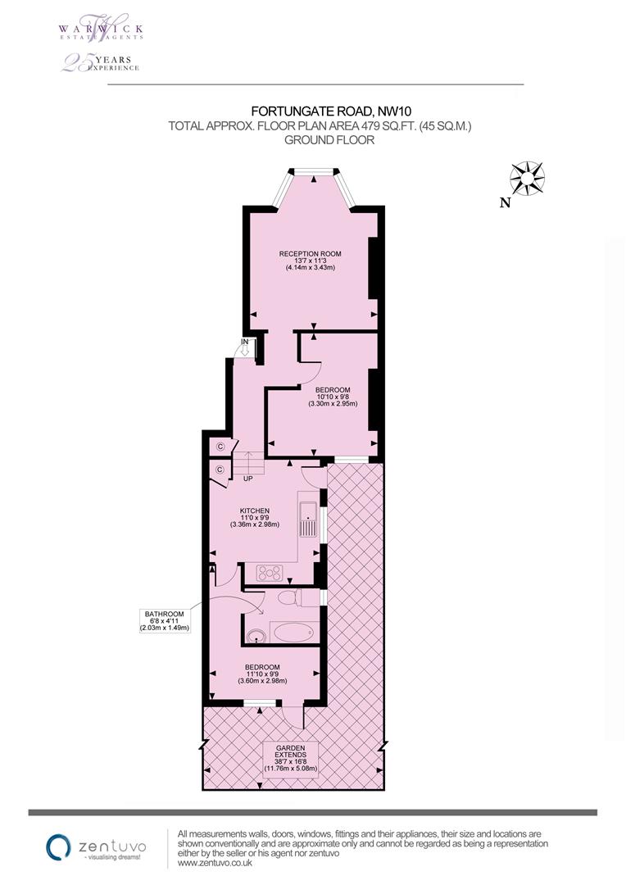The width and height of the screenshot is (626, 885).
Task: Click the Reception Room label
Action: click(310, 261)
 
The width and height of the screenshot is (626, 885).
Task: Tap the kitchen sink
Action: click(307, 518)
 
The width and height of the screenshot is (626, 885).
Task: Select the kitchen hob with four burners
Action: click(270, 573)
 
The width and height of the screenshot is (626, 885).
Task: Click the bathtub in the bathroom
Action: click(292, 632)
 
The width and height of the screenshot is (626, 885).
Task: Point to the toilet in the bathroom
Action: click(290, 597)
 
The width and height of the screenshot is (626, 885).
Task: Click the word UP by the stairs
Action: click(247, 479)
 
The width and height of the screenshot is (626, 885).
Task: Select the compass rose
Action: click(527, 179)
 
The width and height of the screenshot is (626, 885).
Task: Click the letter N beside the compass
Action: click(506, 202)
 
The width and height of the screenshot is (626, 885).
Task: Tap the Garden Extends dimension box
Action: click(291, 759)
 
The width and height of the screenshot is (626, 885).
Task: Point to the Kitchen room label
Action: click(254, 518)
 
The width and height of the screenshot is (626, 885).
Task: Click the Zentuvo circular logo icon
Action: click(58, 847)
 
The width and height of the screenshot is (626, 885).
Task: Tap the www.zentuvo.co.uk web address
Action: click(215, 864)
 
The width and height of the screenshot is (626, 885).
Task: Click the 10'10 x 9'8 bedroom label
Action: click(333, 397)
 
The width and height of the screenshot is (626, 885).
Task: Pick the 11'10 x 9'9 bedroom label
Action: click(262, 674)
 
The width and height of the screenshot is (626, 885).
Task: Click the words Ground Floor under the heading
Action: click(329, 140)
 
